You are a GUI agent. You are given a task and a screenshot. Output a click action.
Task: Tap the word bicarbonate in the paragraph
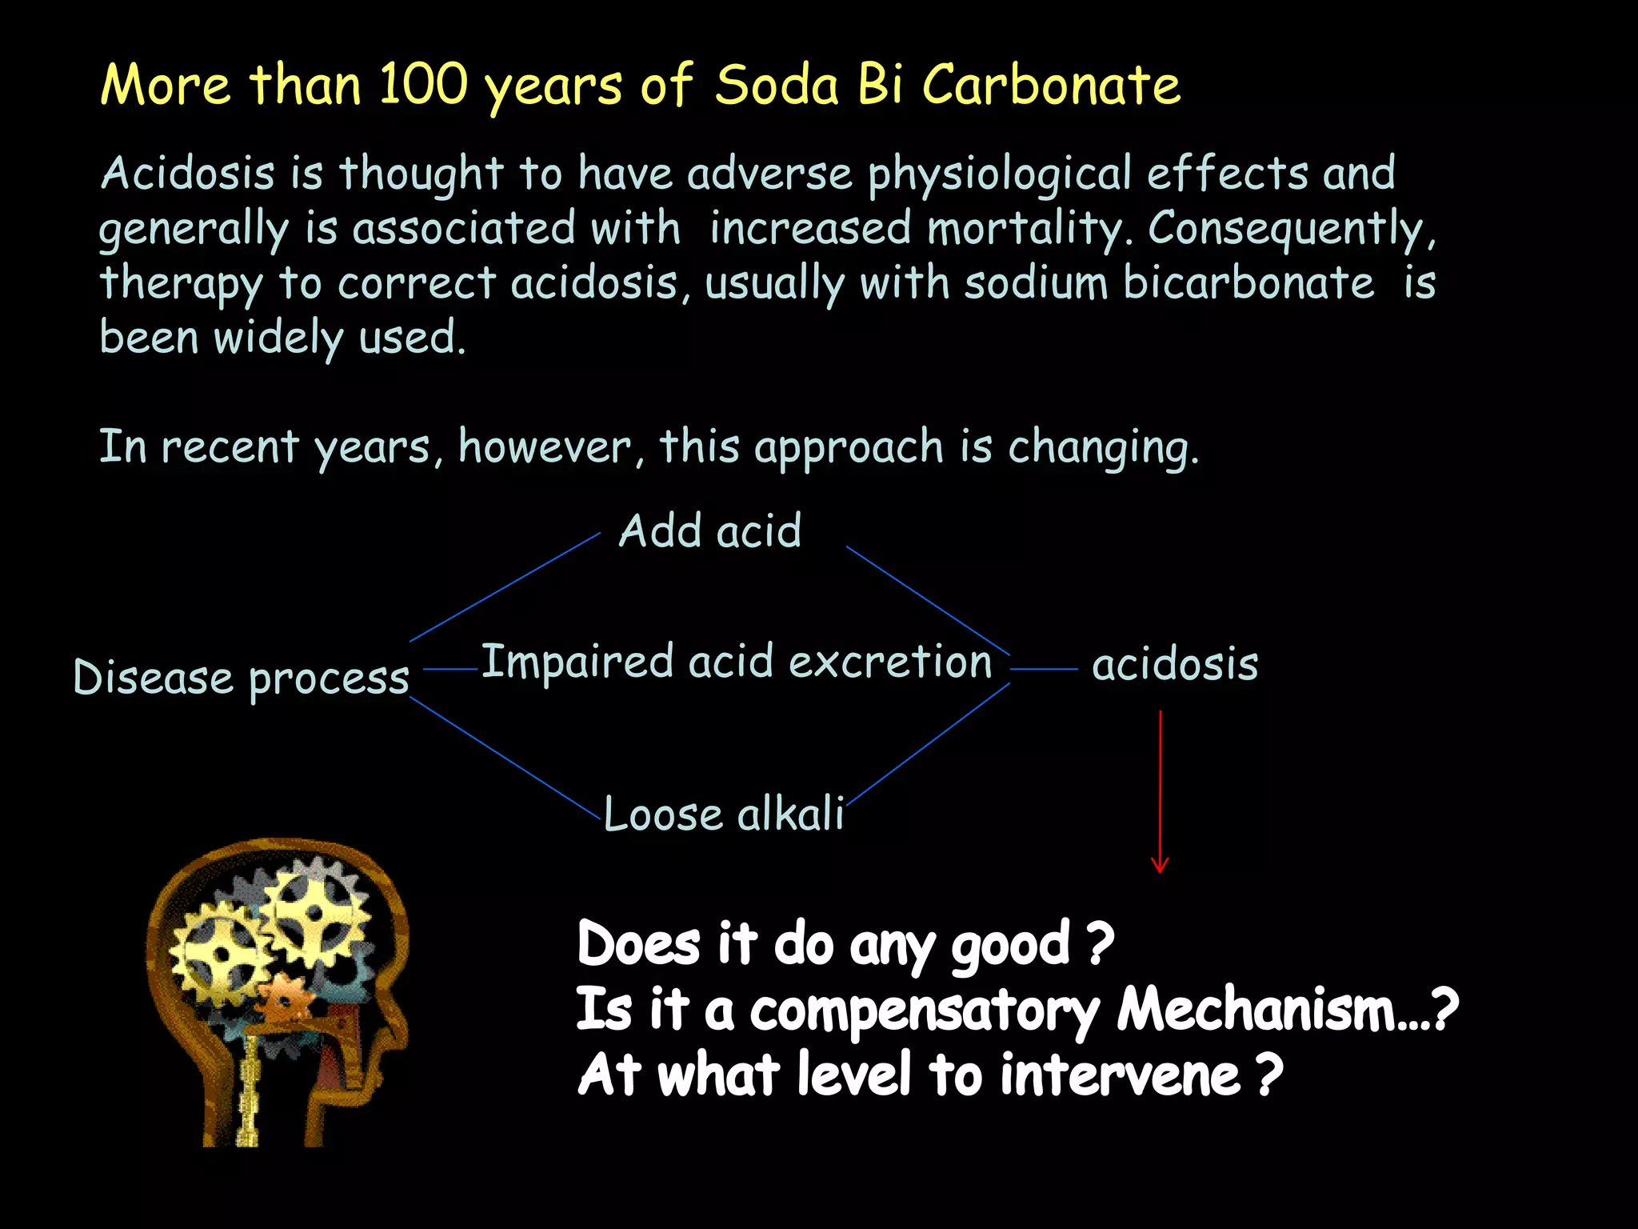coord(1248,282)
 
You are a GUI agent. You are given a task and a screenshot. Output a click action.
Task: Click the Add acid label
coord(709,530)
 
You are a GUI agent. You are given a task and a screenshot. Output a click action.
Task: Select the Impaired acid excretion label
coord(737,663)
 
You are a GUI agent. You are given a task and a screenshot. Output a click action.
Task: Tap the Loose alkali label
coord(724,815)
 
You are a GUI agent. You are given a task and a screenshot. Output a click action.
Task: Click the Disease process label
coord(241,679)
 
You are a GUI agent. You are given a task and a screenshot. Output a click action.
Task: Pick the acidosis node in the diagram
coord(1175,665)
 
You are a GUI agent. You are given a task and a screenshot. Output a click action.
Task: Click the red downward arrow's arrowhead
coord(1160,866)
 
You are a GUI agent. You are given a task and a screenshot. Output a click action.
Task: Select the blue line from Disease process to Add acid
coord(504,587)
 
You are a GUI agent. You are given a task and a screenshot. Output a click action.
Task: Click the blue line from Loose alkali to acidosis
coord(928,743)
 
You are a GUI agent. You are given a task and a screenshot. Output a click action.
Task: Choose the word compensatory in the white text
coord(925,1011)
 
